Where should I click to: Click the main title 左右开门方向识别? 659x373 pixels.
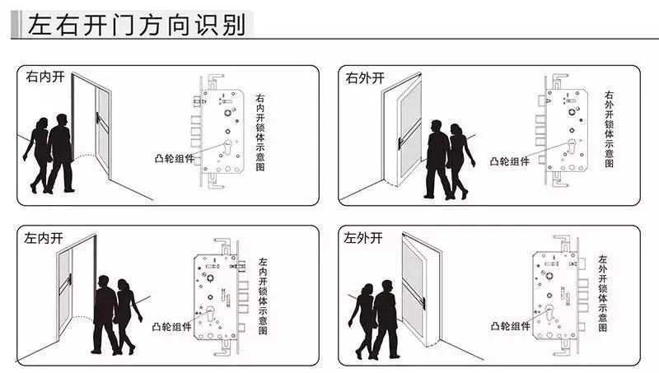click(x=136, y=25)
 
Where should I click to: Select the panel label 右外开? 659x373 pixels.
click(x=365, y=78)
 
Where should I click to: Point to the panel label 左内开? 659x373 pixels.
click(x=44, y=239)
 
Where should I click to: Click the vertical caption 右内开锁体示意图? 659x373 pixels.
click(x=261, y=132)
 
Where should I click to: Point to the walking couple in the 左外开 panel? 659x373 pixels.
click(x=376, y=317)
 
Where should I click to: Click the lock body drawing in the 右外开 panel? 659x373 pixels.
click(x=563, y=132)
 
